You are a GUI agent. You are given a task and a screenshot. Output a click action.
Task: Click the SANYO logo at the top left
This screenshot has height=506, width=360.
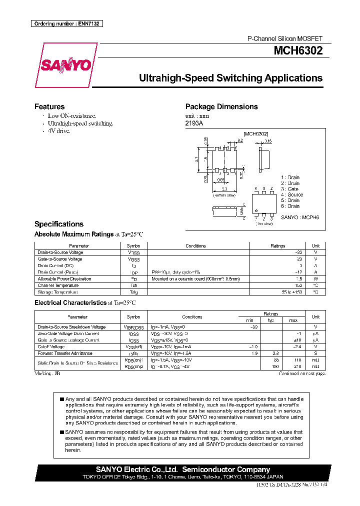pos(65,65)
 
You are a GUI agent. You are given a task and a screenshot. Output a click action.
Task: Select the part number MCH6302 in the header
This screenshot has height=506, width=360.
pos(297,50)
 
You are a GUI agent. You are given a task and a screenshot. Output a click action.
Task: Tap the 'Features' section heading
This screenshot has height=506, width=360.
pos(49,106)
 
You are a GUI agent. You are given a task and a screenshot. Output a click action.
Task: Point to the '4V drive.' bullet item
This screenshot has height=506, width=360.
pos(59,130)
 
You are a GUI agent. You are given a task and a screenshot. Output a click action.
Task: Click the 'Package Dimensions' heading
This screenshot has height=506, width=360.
pos(221,106)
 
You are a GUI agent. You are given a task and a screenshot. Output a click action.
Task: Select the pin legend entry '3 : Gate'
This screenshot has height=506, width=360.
pos(289,189)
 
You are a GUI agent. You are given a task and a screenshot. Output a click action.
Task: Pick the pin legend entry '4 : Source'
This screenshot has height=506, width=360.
pos(291,194)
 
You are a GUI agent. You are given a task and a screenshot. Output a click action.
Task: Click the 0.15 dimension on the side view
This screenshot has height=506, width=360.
pos(268,141)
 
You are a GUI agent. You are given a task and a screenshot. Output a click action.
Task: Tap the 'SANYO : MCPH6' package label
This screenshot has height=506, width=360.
pos(299,217)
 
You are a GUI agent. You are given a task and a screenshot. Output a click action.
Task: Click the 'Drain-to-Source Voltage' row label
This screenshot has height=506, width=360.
pos(60,252)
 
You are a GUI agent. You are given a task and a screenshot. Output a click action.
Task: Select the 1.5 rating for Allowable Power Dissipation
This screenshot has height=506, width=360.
pos(298,279)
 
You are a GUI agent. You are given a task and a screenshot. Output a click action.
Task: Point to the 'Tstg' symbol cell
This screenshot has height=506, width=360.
pos(133,292)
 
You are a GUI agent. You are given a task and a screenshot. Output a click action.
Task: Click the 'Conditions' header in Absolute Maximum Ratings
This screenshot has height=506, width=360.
pos(195,246)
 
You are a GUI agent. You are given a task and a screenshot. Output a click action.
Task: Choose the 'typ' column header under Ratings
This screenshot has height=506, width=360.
pos(271,320)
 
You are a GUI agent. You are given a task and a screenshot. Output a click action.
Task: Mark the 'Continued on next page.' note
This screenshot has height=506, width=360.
pos(302,373)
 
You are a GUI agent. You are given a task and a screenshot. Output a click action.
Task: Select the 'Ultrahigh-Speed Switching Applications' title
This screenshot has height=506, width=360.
pos(230,78)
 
